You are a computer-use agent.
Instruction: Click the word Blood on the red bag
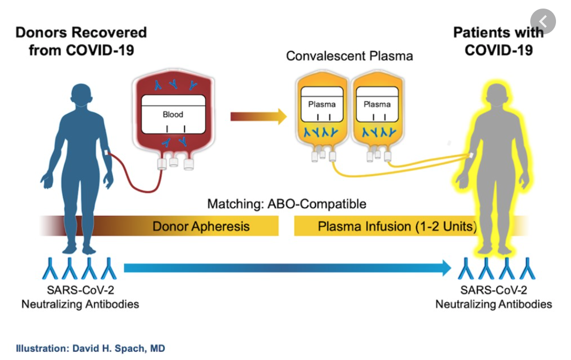coord(172,114)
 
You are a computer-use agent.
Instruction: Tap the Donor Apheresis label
coord(201,226)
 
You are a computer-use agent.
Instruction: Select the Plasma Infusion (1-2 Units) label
coord(396,226)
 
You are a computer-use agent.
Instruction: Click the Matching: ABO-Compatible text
coord(287,204)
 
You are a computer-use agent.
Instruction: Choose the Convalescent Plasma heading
coord(349,56)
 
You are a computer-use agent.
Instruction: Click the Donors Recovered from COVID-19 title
coord(81,41)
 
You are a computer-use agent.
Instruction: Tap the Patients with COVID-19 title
coord(498,41)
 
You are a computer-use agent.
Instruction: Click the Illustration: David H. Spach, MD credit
coord(90,348)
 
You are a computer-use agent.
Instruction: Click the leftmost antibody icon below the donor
coord(50,268)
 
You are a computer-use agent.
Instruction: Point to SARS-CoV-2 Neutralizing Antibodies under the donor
coord(80,297)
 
